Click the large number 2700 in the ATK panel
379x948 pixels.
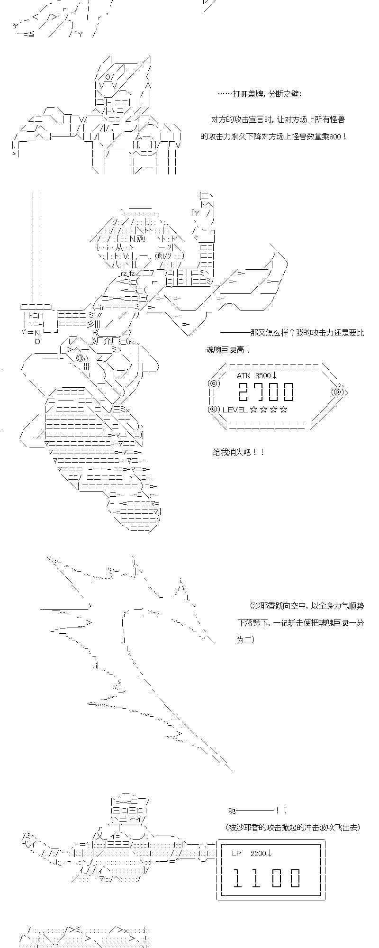tap(266, 392)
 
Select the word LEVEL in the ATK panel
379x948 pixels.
tap(235, 410)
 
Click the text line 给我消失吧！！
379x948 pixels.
tap(238, 453)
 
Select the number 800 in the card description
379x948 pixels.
tap(334, 137)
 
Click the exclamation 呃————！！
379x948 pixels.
tap(257, 811)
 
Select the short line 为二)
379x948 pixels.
tap(245, 640)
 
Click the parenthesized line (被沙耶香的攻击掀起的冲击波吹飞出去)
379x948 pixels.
tap(293, 828)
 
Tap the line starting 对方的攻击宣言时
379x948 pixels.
tap(278, 119)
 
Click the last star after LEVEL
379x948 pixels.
tap(283, 410)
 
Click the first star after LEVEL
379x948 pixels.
tap(253, 410)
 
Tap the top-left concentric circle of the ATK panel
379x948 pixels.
tap(213, 383)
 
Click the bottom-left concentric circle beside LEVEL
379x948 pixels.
tap(214, 409)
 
